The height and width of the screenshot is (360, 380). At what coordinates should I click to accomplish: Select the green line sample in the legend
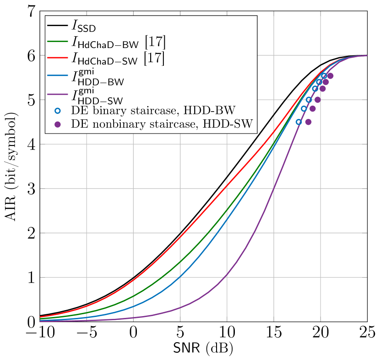57,42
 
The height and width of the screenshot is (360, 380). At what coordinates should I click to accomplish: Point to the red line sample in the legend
57,57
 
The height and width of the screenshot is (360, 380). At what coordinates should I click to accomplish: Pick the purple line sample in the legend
57,97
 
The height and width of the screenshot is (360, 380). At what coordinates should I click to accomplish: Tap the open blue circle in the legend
58,110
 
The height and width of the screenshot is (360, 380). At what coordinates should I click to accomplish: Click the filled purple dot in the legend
58,124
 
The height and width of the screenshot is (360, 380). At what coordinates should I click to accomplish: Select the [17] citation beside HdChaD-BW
155,42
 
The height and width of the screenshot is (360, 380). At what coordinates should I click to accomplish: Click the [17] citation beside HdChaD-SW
154,58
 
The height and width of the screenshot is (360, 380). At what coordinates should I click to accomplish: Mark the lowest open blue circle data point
299,122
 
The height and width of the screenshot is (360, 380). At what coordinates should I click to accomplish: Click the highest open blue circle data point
323,76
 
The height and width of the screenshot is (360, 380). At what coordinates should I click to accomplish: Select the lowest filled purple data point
308,122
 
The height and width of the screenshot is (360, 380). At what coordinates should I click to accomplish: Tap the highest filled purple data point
330,76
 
